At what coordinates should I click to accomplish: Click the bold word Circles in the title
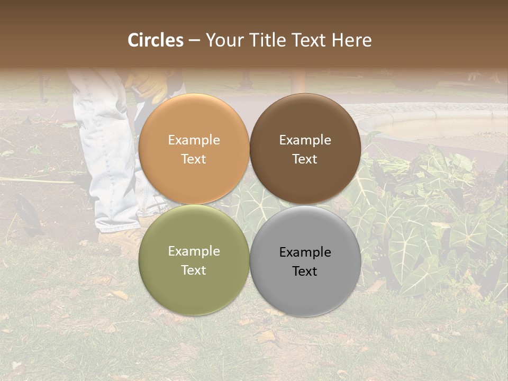coord(156,40)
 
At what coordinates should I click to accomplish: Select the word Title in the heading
coord(265,40)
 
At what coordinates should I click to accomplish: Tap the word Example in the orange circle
coord(194,140)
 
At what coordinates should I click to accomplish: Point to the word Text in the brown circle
coord(305,159)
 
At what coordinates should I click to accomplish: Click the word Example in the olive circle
coord(194,251)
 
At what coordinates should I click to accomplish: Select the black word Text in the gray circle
coord(305,271)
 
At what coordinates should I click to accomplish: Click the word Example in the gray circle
coord(305,252)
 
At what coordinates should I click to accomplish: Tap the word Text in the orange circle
coord(194,159)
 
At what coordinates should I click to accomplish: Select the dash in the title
coord(194,41)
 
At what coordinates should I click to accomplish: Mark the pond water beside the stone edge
coord(444,127)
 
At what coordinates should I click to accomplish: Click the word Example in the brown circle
coord(305,140)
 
